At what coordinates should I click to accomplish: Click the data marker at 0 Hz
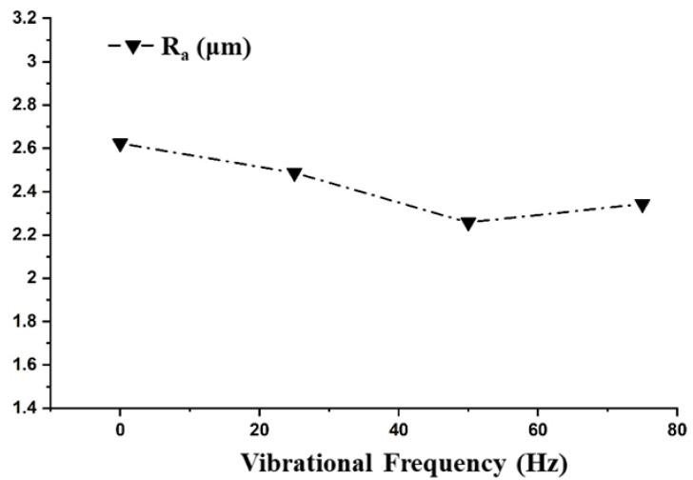pos(120,145)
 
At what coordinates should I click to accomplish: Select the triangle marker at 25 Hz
pos(294,174)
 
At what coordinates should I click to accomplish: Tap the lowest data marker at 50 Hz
pos(468,224)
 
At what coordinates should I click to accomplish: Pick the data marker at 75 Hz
pos(643,206)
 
